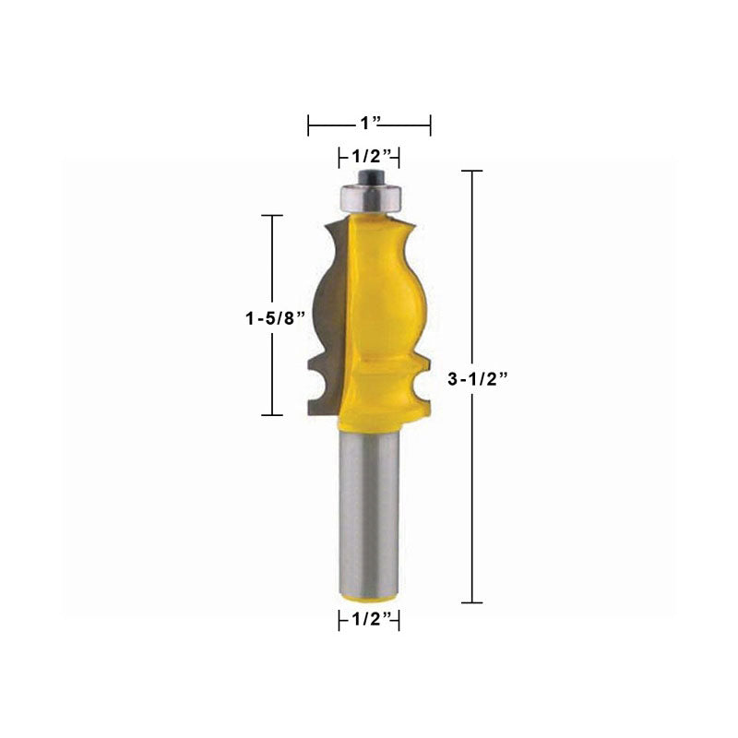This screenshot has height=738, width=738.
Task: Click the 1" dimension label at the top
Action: pos(370,124)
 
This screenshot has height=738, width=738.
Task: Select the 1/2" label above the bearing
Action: pos(372,155)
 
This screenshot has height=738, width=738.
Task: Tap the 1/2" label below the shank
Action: pos(372,619)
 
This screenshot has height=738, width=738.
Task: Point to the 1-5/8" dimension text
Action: pos(276,318)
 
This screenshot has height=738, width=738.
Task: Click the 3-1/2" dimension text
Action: pos(477,379)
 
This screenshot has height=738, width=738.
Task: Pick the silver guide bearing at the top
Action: pos(371,197)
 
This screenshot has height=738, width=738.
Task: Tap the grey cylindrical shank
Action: pos(370,513)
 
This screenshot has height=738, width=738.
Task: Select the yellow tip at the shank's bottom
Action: pos(370,598)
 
